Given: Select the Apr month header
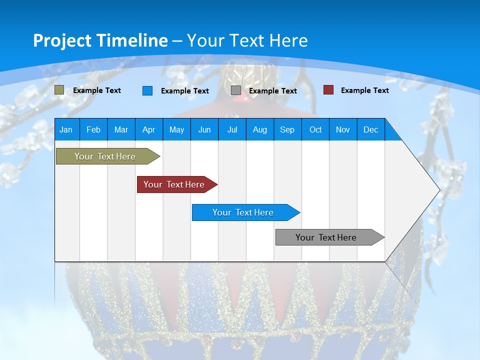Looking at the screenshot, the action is [149, 129].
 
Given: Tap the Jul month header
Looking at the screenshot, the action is [232, 129].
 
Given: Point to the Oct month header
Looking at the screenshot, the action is [315, 129].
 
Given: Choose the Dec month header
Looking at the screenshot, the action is [370, 129].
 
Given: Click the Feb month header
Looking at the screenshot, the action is [93, 129].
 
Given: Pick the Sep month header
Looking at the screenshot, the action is [287, 129].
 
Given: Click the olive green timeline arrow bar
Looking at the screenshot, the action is [108, 156].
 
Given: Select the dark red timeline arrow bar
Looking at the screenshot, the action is [177, 184].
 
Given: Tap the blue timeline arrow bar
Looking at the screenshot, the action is [246, 212].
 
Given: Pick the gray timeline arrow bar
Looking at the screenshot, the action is [330, 237].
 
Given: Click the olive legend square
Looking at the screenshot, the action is [59, 90].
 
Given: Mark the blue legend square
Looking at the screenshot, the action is [147, 90].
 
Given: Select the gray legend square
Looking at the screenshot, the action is [235, 90].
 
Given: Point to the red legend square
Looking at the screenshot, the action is [328, 90].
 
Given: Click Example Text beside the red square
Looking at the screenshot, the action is [365, 90].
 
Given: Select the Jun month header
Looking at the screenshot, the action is [204, 129].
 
